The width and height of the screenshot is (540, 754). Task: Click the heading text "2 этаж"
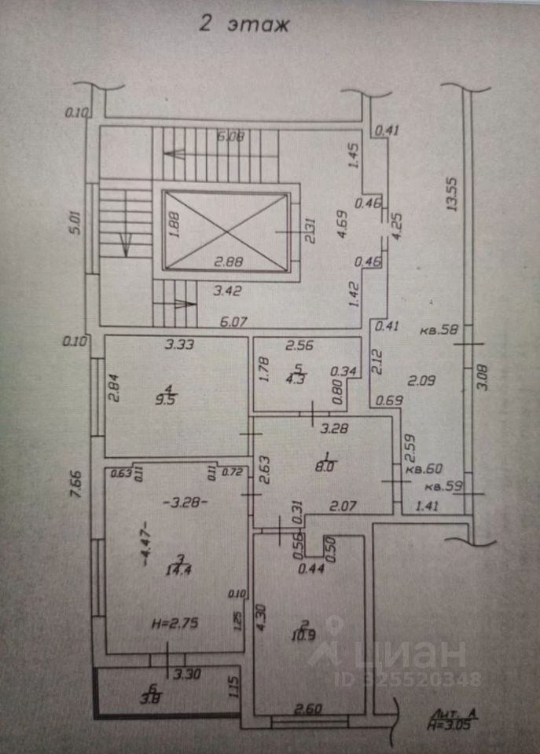[x=243, y=24]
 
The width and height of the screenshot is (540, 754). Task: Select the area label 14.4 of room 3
[x=182, y=569]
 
